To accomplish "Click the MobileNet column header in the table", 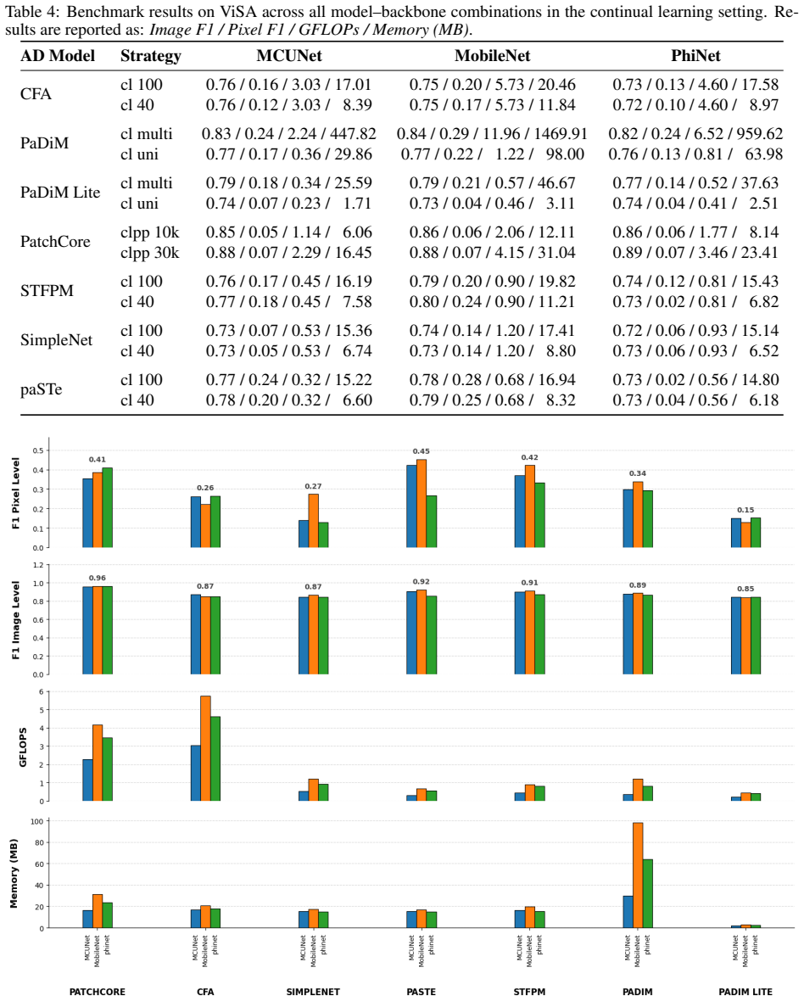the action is coord(492,56).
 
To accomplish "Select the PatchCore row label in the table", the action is coord(55,242).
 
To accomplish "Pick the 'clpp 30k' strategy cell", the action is coord(150,253).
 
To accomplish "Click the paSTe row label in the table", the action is coord(41,389).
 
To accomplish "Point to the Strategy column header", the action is coord(151,56).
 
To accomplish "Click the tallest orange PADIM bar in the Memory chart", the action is coord(638,875).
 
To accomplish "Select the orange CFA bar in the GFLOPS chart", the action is coord(205,748).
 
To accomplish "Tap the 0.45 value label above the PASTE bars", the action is coord(422,451).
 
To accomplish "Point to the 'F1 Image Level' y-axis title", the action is coord(16,620).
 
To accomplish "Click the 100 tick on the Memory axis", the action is coord(37,822).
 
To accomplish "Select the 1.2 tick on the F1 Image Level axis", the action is coord(38,565).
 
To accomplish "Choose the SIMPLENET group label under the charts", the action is coord(313,992).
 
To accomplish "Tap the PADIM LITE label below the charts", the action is coord(745,992).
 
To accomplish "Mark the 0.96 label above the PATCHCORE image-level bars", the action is coord(97,578).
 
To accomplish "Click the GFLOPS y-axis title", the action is coord(23,747).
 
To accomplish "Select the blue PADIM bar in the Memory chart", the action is coord(628,912).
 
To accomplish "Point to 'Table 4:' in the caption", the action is coord(33,12).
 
